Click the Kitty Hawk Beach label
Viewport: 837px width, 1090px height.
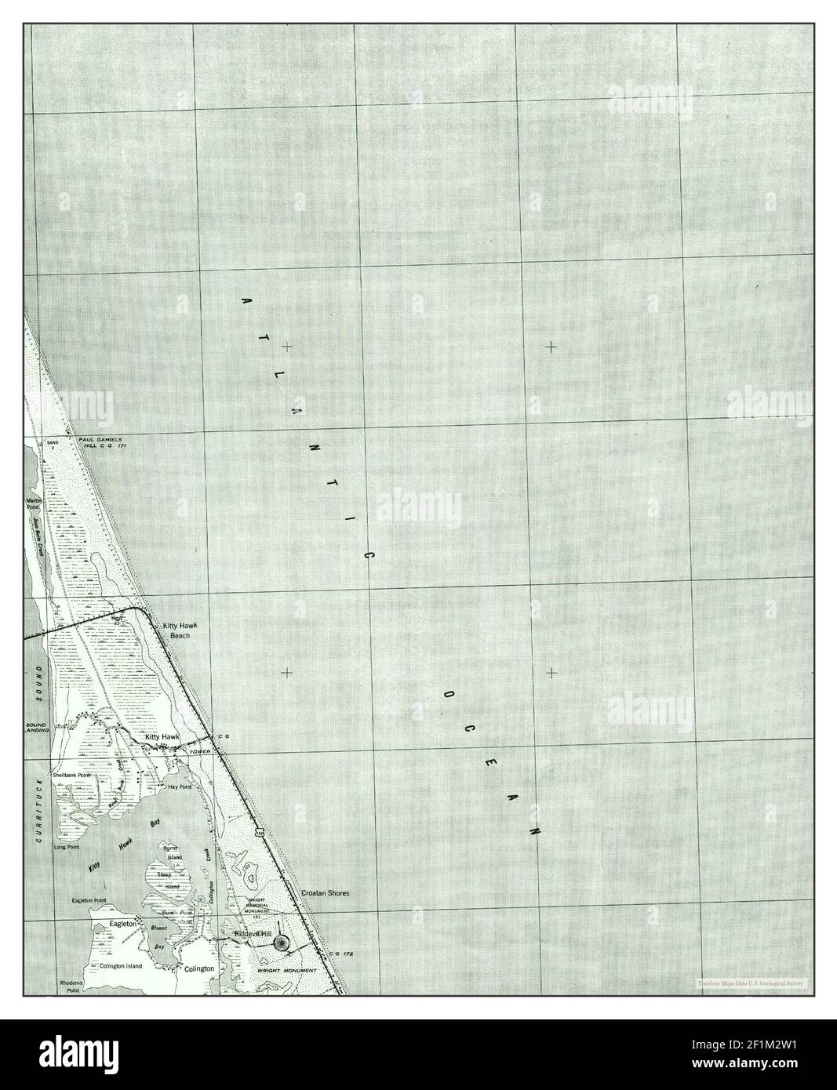click(x=176, y=630)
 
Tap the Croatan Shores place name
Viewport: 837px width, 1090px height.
click(x=325, y=893)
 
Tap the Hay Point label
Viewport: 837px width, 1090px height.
click(x=180, y=786)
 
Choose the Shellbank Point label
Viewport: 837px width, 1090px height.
click(x=71, y=775)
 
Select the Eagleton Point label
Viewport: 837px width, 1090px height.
click(x=88, y=901)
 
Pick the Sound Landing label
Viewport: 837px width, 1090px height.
click(x=37, y=727)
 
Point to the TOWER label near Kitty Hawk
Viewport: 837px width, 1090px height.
click(x=190, y=751)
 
